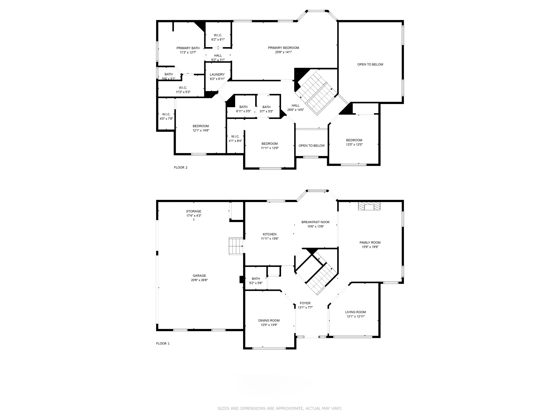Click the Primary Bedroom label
pos(283,48)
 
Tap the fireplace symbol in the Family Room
pos(369,206)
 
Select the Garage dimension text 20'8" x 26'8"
pos(199,280)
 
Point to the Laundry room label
pos(217,75)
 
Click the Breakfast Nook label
pos(316,222)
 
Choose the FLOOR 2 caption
pos(181,167)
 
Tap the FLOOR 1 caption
pos(163,343)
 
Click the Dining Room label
pos(269,320)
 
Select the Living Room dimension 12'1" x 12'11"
pos(355,316)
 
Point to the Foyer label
pos(305,303)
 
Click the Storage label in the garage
pos(194,211)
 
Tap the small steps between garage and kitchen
pos(236,246)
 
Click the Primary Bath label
pos(188,48)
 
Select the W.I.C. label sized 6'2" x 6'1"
pos(218,35)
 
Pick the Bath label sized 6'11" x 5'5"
pos(243,107)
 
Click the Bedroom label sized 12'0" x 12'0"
pos(354,140)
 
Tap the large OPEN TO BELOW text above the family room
pos(370,65)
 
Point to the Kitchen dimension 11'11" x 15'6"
pos(270,238)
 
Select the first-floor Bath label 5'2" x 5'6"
pos(256,279)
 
